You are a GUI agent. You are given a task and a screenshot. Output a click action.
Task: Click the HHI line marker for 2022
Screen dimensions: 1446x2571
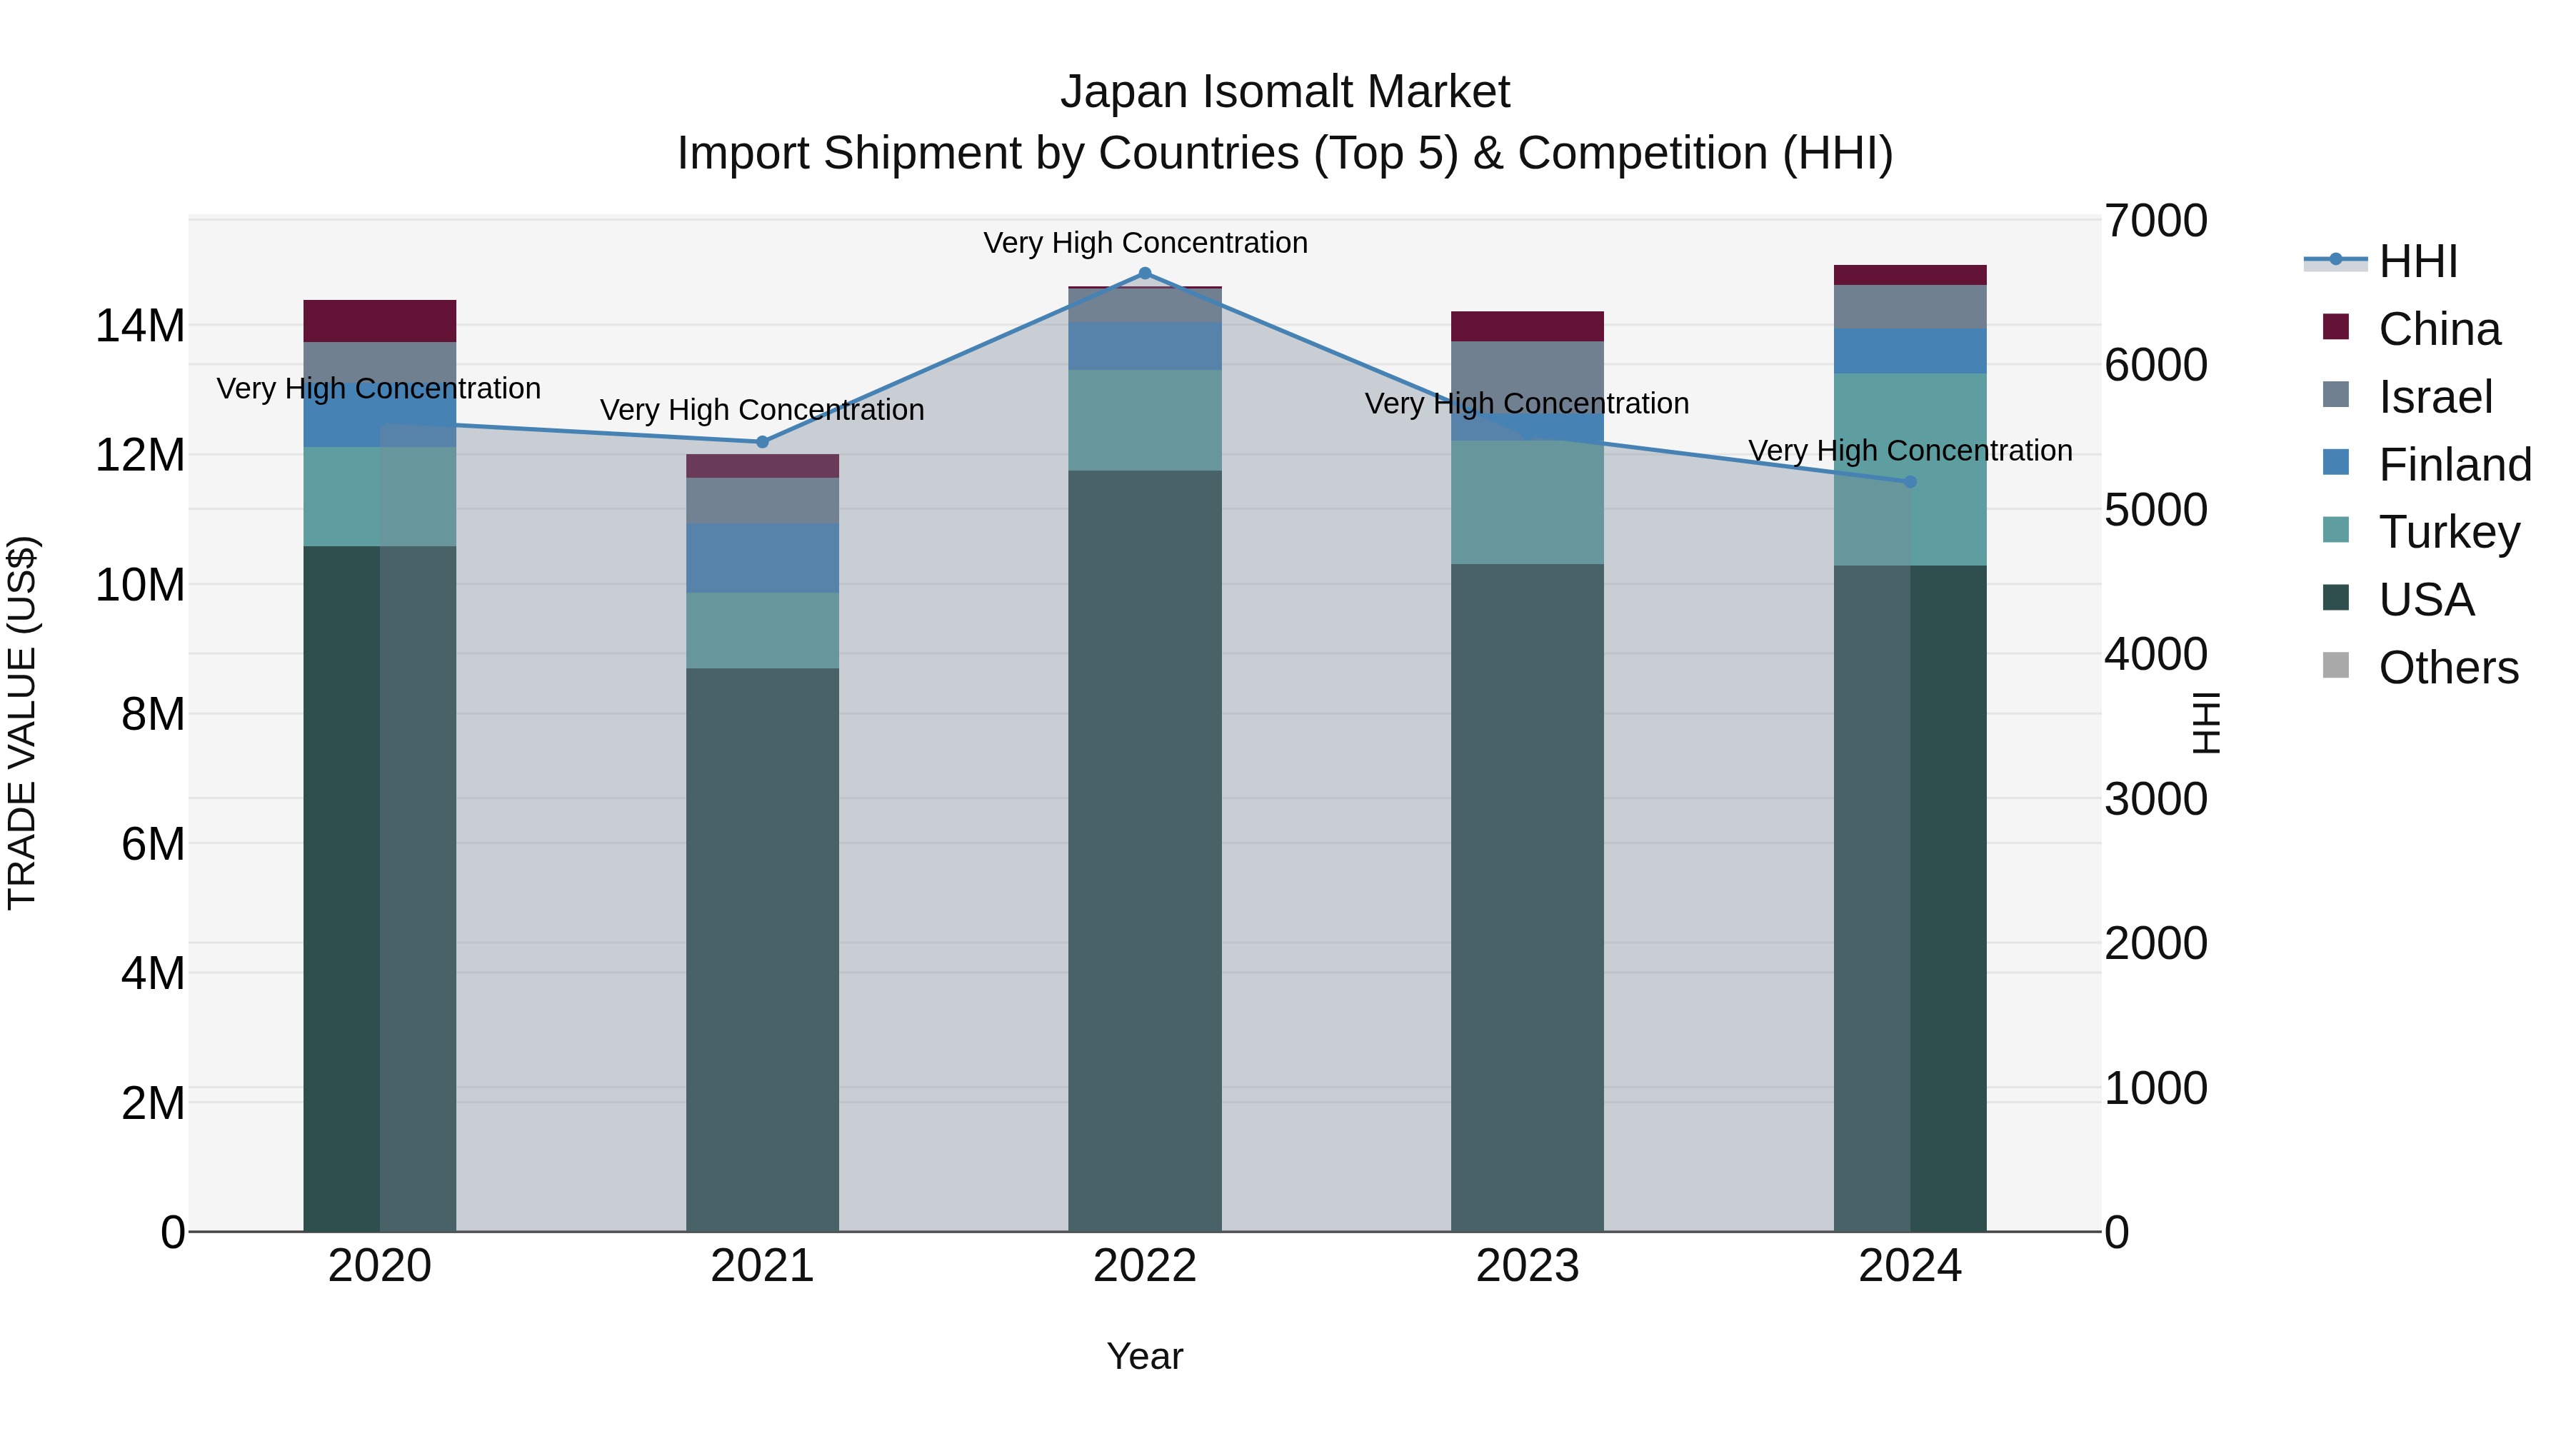point(1145,273)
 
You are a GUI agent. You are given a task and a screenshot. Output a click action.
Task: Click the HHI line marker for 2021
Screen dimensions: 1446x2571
point(763,442)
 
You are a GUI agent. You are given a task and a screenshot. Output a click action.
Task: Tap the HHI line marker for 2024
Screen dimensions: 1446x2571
point(1910,482)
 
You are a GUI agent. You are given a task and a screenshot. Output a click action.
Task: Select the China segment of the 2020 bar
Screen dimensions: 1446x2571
point(379,321)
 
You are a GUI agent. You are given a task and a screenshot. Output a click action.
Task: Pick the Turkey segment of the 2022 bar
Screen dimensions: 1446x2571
point(1145,420)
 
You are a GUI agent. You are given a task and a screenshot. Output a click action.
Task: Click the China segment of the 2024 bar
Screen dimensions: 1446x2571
point(1910,276)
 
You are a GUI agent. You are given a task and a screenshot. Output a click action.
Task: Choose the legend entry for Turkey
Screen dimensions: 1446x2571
point(2448,532)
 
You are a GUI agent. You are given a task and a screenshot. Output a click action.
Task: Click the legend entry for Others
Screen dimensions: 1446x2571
point(2447,668)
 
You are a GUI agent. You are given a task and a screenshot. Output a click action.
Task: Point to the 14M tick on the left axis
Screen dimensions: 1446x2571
point(140,326)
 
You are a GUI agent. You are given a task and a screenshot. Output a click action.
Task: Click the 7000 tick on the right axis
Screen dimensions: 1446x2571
point(2156,221)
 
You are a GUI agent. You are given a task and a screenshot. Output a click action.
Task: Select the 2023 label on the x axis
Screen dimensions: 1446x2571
point(1527,1266)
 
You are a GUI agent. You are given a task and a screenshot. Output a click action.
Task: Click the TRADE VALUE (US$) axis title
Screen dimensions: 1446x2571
point(22,723)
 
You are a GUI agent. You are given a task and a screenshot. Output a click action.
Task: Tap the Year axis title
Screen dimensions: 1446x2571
point(1145,1356)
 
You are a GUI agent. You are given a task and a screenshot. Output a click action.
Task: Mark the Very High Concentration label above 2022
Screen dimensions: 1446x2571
point(1145,243)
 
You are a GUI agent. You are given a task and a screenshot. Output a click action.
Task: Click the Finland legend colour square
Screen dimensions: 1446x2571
point(2335,463)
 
